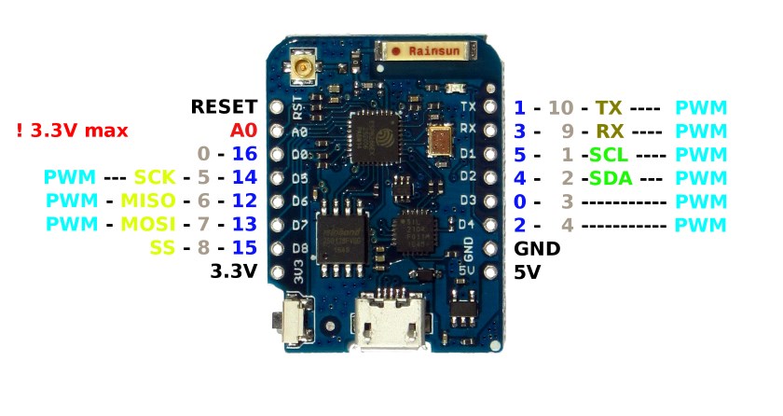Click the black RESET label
[x=225, y=106]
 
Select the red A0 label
[x=243, y=131]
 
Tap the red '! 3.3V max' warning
[x=72, y=131]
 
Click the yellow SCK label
[x=155, y=177]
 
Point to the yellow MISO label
[x=148, y=201]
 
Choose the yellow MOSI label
[x=148, y=224]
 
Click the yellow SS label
[x=162, y=247]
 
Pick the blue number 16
[x=244, y=154]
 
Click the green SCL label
[x=609, y=155]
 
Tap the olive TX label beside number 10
[x=609, y=108]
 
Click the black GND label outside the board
[x=537, y=248]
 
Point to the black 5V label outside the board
[x=528, y=272]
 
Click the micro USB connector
[x=389, y=321]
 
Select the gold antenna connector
[x=301, y=65]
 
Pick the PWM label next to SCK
[x=69, y=177]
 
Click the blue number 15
[x=244, y=247]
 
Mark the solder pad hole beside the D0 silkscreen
[x=277, y=154]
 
